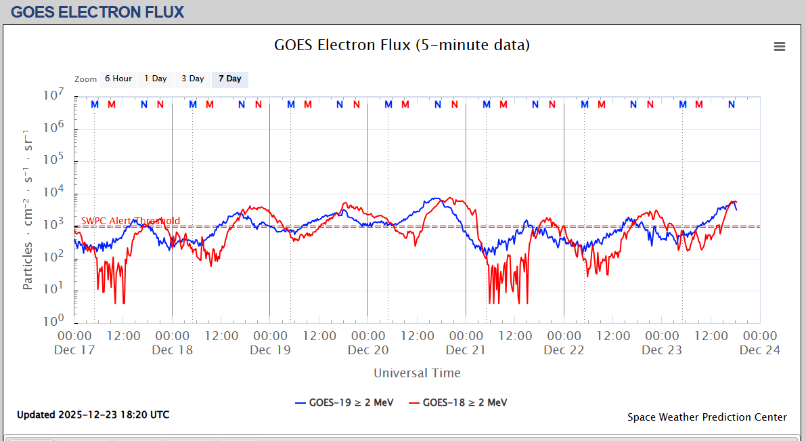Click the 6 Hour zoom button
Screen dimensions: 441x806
[118, 79]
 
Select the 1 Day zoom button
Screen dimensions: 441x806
[156, 79]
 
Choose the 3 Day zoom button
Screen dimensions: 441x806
[193, 79]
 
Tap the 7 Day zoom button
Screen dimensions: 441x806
[230, 79]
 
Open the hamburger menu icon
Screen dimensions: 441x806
[780, 47]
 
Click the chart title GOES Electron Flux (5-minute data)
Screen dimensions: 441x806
[402, 45]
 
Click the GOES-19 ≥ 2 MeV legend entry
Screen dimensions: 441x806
[343, 402]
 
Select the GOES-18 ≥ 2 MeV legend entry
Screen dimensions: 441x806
[457, 402]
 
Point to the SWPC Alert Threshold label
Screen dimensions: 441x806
[131, 221]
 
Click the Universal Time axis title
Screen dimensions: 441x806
[417, 373]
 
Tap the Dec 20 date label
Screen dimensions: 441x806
[368, 350]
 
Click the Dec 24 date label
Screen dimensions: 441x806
[760, 350]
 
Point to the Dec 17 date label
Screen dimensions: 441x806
[74, 350]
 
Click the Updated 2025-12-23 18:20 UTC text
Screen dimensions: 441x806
[93, 415]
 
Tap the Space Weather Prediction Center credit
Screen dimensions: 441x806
[707, 417]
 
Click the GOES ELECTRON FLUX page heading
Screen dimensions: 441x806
[97, 12]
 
